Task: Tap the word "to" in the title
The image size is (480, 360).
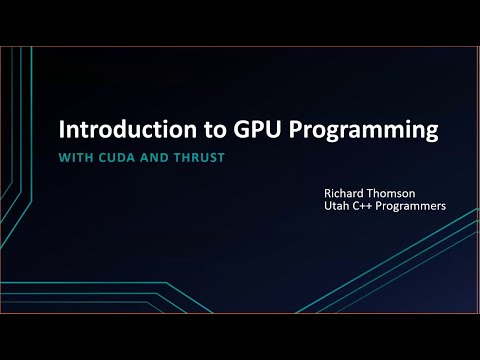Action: pos(193,131)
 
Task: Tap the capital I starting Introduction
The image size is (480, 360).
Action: pos(64,131)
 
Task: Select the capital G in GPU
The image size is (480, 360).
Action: pos(219,131)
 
